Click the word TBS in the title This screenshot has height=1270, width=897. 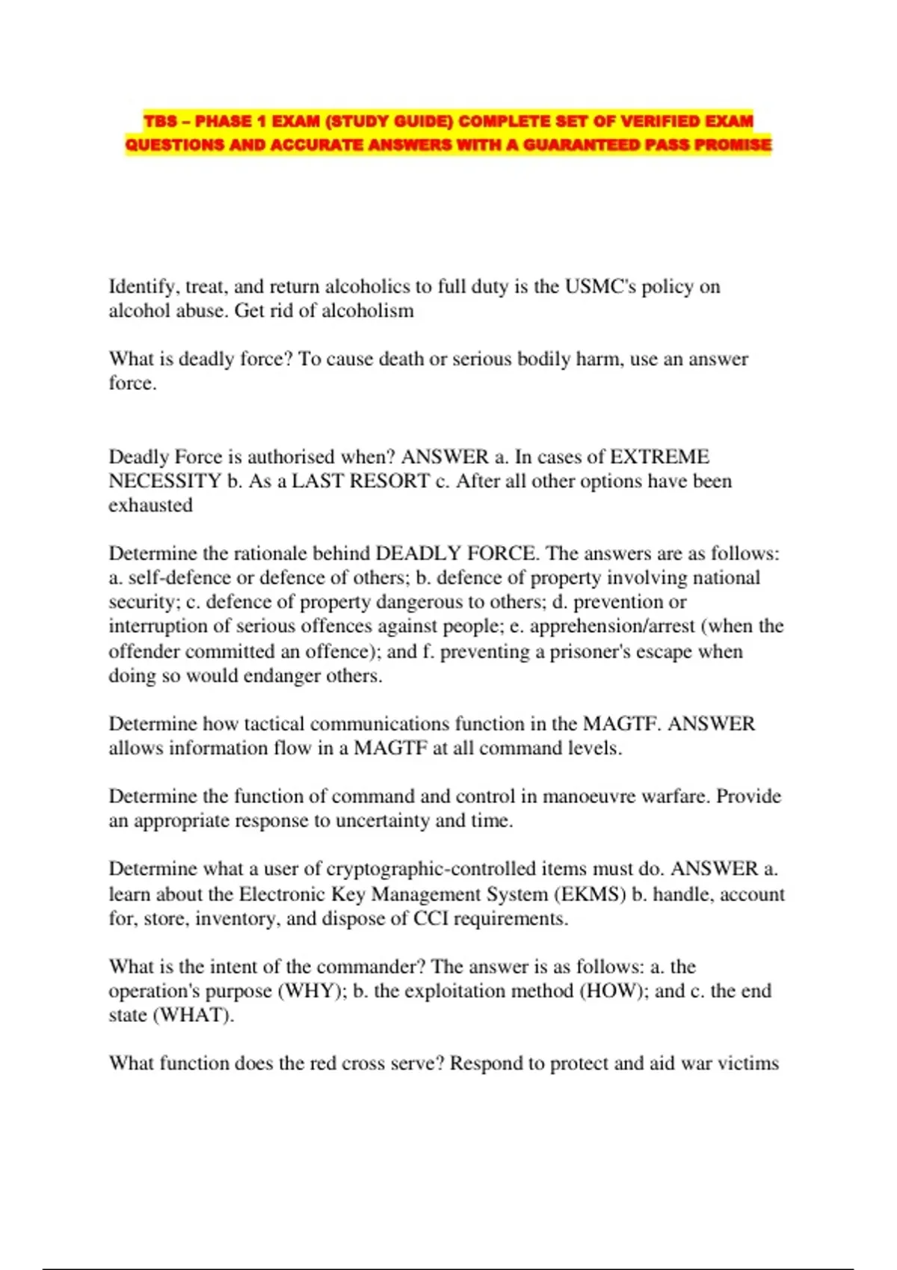pyautogui.click(x=161, y=121)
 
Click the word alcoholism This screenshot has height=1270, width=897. pyautogui.click(x=367, y=311)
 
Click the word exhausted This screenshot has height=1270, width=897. pyautogui.click(x=150, y=506)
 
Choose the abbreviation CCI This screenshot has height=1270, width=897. pyautogui.click(x=431, y=919)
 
